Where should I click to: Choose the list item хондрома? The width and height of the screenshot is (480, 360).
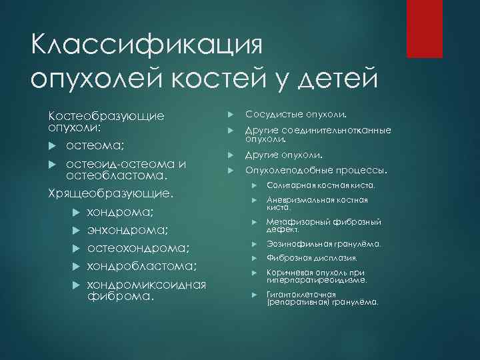(120, 213)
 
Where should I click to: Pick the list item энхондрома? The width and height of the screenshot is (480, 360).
(127, 231)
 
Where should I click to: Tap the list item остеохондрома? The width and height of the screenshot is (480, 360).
(138, 249)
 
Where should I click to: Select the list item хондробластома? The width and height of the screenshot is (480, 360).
(141, 267)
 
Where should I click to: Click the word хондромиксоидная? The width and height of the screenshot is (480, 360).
(147, 285)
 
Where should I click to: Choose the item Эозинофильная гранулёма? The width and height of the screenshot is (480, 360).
(323, 244)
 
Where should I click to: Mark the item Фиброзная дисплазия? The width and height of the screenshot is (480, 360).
(312, 259)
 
